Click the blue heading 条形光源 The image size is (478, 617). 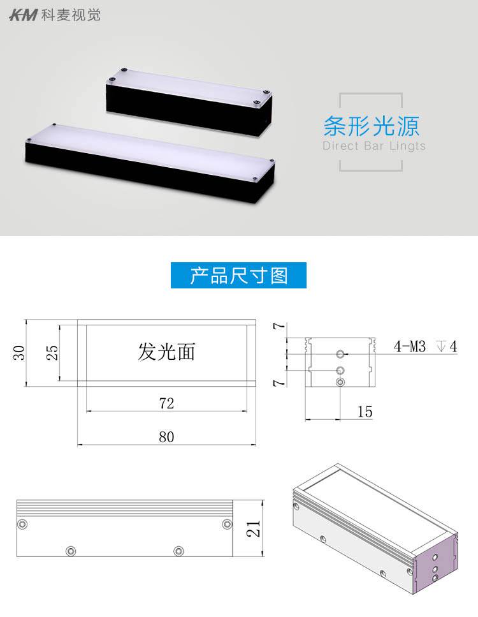point(371,126)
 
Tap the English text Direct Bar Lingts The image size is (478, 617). point(373,146)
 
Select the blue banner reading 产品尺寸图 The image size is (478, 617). point(239,276)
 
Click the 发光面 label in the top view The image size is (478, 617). point(166,351)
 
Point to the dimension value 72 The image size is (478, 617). point(166,403)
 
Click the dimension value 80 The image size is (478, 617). point(166,437)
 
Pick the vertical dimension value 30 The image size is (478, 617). point(20,352)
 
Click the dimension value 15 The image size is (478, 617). point(365,412)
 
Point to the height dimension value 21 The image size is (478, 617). point(254,528)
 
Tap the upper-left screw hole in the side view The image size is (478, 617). point(24,524)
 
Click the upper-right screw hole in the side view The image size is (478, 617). point(227,524)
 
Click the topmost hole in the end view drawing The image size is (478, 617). point(341,353)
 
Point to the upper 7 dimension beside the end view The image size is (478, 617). point(276,326)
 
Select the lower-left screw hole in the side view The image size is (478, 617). point(71,549)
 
